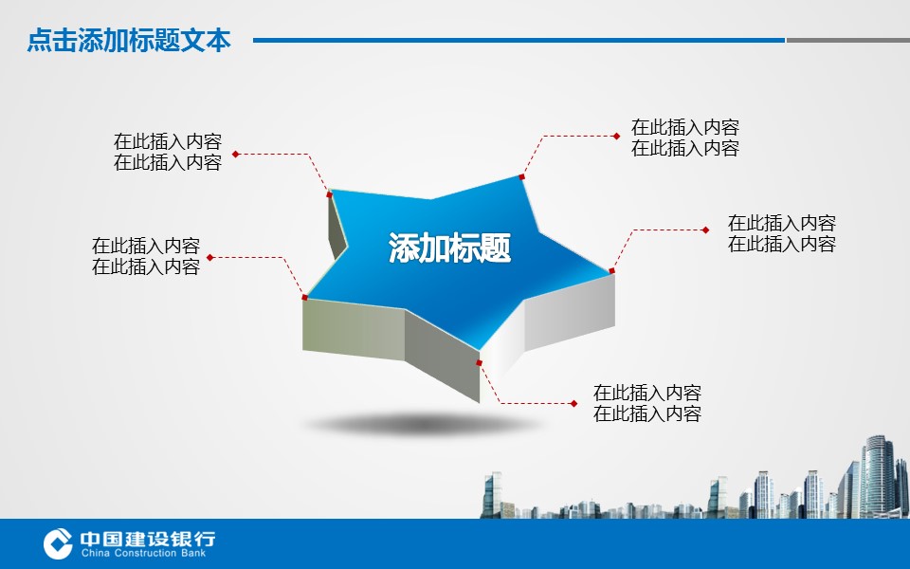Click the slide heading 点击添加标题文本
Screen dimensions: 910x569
129,41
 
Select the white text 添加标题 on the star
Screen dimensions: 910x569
449,248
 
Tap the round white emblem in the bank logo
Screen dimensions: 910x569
58,543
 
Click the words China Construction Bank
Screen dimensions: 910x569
143,553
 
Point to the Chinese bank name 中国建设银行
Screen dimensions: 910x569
148,539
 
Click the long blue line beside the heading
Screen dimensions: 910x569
519,40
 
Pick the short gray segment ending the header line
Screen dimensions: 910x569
847,40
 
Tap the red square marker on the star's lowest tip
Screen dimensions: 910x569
480,363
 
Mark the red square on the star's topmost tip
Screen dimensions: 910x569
521,176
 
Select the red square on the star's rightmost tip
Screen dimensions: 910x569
611,270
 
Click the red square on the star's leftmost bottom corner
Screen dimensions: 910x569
304,297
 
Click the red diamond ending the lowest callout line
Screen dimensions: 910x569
573,404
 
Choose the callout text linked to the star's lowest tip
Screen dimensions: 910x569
647,403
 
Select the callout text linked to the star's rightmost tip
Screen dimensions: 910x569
782,233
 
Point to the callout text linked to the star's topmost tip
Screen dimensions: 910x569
684,138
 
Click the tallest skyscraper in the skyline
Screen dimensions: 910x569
877,476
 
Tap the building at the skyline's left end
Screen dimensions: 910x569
492,495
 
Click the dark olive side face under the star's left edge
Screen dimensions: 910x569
354,329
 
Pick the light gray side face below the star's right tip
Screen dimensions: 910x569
570,311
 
